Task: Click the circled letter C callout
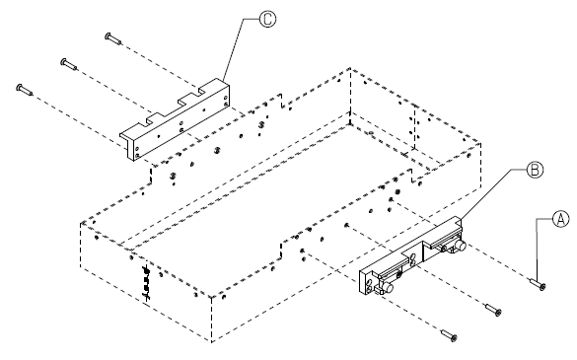267,19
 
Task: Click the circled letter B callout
535,170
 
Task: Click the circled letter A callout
560,219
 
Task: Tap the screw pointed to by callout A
538,284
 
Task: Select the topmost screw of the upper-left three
113,38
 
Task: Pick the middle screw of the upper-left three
69,64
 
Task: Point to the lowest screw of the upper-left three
25,90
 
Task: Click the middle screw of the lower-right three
493,310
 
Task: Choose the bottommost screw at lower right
450,335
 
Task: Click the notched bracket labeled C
175,119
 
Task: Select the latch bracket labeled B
411,256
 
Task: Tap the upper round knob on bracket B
460,246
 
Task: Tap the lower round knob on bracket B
389,287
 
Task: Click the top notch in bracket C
201,90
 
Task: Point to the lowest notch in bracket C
154,118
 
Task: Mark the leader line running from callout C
239,46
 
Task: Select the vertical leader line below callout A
537,251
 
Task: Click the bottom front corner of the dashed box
212,342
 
